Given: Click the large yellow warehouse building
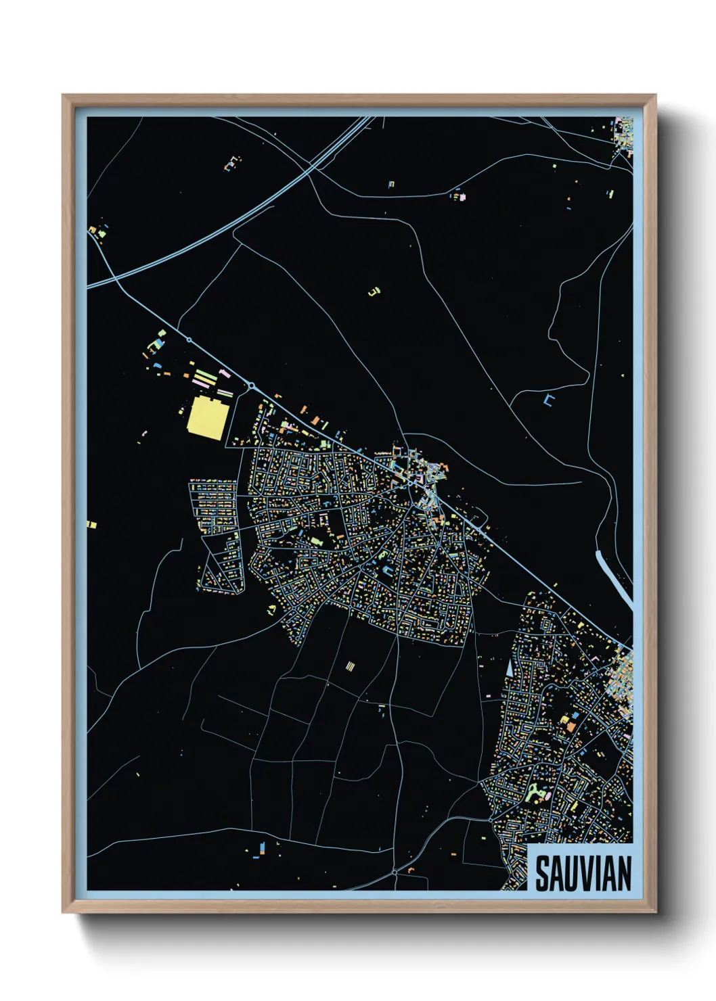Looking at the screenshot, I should (x=206, y=418).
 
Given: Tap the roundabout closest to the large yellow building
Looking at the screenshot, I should (x=251, y=386).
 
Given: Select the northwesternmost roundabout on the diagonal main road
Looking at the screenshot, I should (x=189, y=340).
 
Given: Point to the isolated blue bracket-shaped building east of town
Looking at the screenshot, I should (x=549, y=401).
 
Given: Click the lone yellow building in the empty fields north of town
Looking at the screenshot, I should (x=374, y=292).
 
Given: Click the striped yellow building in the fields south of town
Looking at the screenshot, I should (x=350, y=667).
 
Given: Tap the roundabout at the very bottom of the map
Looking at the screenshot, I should (x=395, y=872).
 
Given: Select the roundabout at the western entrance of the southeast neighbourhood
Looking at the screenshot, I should (x=491, y=819).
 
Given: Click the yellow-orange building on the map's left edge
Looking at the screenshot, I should (x=92, y=524).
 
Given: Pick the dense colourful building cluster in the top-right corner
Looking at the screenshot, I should (x=623, y=135).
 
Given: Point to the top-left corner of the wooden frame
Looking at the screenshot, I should (x=64, y=96).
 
